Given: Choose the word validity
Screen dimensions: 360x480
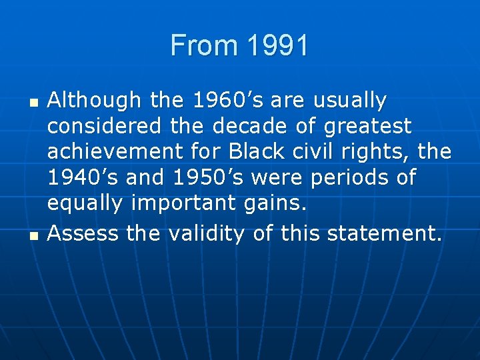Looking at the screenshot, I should point(207,233).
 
